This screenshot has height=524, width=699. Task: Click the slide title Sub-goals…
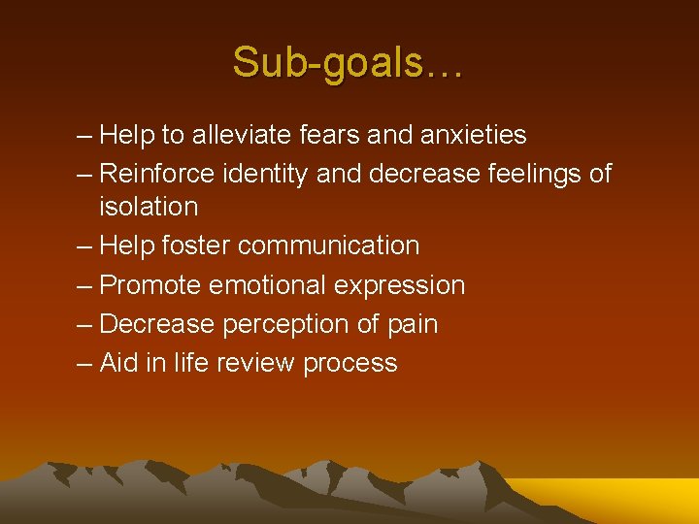tap(349, 63)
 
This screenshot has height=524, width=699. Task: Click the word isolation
tap(149, 206)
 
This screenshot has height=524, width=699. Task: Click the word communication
tap(328, 246)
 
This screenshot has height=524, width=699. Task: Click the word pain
tap(412, 324)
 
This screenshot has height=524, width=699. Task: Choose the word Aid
tap(119, 363)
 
